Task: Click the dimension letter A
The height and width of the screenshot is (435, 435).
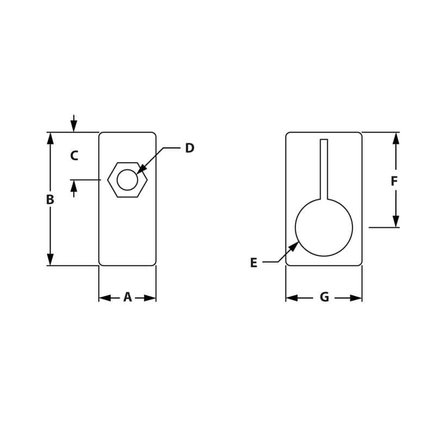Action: (x=127, y=297)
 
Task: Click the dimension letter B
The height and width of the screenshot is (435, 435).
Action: (x=50, y=200)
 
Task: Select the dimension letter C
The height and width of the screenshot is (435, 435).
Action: (x=74, y=156)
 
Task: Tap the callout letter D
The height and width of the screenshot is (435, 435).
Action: (x=189, y=148)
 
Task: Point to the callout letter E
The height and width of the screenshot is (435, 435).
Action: (x=253, y=263)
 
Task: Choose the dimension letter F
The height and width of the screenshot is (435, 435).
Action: (x=394, y=182)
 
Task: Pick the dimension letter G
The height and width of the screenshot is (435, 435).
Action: (x=324, y=297)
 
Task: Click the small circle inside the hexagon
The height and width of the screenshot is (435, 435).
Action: (x=127, y=180)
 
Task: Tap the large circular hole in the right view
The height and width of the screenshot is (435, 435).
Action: (x=324, y=227)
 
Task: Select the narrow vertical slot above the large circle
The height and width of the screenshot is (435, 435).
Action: (x=324, y=169)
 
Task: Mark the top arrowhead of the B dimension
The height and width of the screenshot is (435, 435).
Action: (x=51, y=138)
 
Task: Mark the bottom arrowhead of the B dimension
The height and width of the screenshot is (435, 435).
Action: (x=51, y=259)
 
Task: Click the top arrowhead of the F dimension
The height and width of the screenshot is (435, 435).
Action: (x=396, y=138)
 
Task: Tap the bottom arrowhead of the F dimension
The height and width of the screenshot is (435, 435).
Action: (x=396, y=221)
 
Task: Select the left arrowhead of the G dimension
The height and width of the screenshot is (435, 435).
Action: (x=292, y=298)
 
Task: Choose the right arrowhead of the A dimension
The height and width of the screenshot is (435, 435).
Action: (x=150, y=298)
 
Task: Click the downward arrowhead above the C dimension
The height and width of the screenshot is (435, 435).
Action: (x=74, y=126)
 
